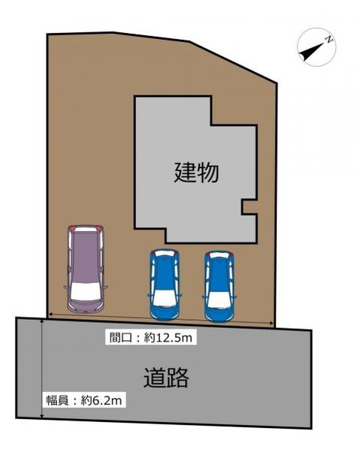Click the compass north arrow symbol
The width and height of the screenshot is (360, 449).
click(316, 47)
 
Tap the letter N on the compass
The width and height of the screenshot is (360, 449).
click(328, 38)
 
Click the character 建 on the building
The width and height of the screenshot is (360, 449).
click(186, 173)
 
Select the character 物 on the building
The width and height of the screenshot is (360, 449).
click(208, 173)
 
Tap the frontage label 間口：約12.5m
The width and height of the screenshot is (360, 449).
click(150, 338)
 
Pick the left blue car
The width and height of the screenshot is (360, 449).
click(165, 285)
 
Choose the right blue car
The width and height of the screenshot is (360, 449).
click(219, 285)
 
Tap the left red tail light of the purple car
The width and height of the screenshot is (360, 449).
click(71, 229)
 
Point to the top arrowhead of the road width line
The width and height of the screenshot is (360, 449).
click(42, 321)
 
